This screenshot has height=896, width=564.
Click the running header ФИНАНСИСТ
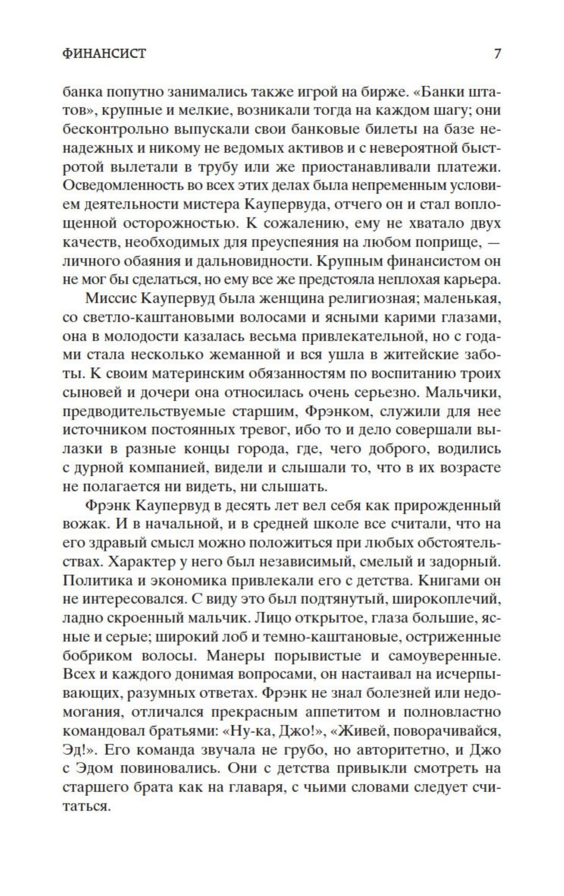point(104,53)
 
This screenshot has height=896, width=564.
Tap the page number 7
point(496,53)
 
